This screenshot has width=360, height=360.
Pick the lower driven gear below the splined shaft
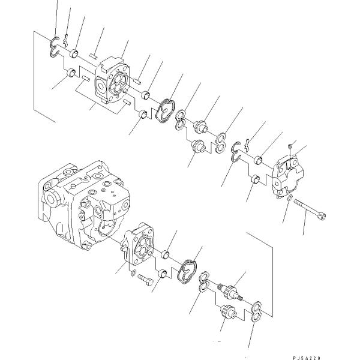[228, 313]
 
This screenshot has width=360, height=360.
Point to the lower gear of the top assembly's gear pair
[197, 146]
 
